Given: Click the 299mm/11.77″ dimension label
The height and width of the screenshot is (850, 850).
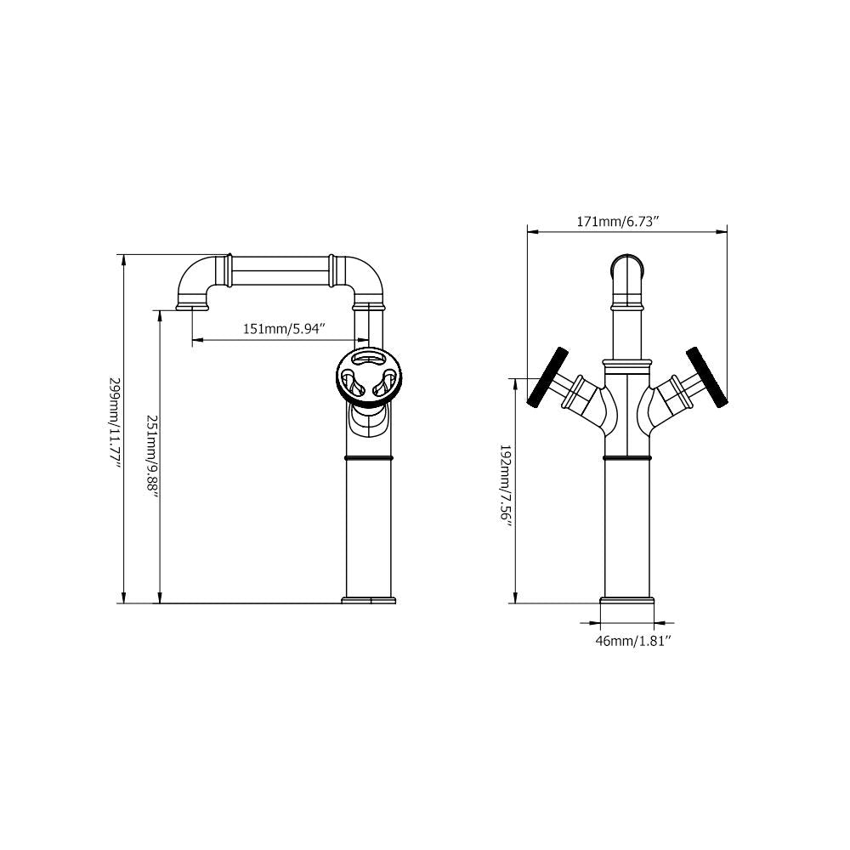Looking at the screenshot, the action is click(x=116, y=426).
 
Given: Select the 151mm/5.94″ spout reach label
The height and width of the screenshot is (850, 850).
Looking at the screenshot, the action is click(x=284, y=329).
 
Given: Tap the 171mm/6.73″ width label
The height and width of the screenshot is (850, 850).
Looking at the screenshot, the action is click(x=617, y=222).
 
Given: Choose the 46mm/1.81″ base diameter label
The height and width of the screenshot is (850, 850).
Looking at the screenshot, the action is click(x=633, y=641).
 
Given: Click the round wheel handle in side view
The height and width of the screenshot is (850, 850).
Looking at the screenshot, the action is click(x=369, y=376).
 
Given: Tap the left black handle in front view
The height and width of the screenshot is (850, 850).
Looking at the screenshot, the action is click(x=547, y=377).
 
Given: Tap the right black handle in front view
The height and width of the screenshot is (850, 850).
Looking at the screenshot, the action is click(x=707, y=377).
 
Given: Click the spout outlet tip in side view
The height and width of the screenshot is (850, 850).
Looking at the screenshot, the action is click(x=192, y=308).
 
